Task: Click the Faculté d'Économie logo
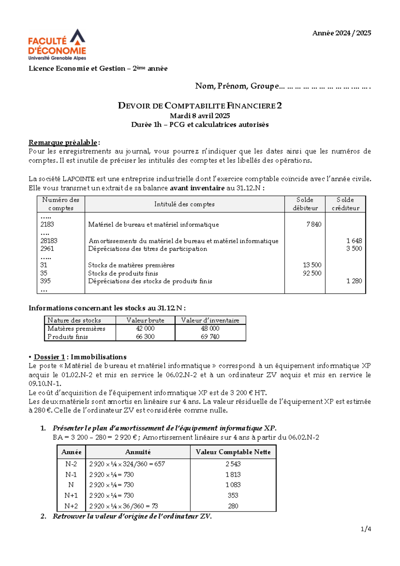click(57, 45)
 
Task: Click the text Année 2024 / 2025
click(341, 33)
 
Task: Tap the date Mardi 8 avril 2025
click(200, 116)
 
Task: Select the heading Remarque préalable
click(63, 143)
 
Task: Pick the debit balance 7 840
click(314, 225)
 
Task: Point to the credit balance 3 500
click(354, 249)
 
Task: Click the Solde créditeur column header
click(345, 204)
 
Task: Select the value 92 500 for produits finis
click(312, 273)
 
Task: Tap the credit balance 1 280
click(354, 281)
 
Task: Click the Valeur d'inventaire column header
click(210, 320)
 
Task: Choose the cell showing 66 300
click(145, 337)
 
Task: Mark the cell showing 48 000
click(210, 328)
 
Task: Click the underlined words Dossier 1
click(49, 357)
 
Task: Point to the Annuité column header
click(138, 452)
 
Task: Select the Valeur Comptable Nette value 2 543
click(233, 464)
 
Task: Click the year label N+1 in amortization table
click(71, 495)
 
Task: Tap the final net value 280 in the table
click(233, 506)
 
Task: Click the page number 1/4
click(366, 529)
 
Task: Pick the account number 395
click(45, 281)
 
